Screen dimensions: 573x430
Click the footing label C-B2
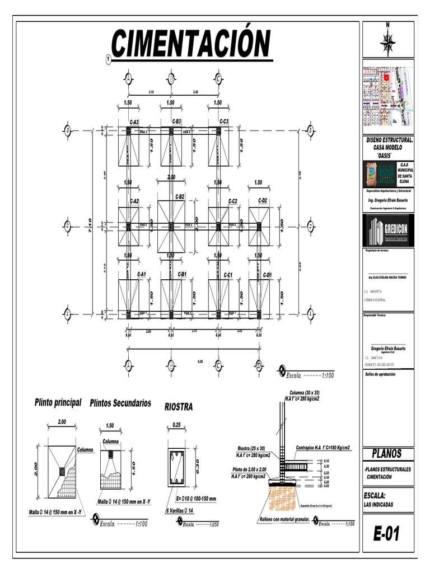(x=179, y=196)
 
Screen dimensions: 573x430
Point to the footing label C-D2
(x=262, y=200)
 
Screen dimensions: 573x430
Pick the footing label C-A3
(x=134, y=121)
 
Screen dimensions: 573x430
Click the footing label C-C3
(x=223, y=121)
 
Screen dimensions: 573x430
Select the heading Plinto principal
(x=58, y=402)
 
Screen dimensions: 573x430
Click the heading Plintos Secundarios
(x=120, y=403)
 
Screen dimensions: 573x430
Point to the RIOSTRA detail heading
(x=178, y=407)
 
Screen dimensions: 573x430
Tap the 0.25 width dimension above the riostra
(x=176, y=424)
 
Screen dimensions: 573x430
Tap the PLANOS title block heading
(x=387, y=453)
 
